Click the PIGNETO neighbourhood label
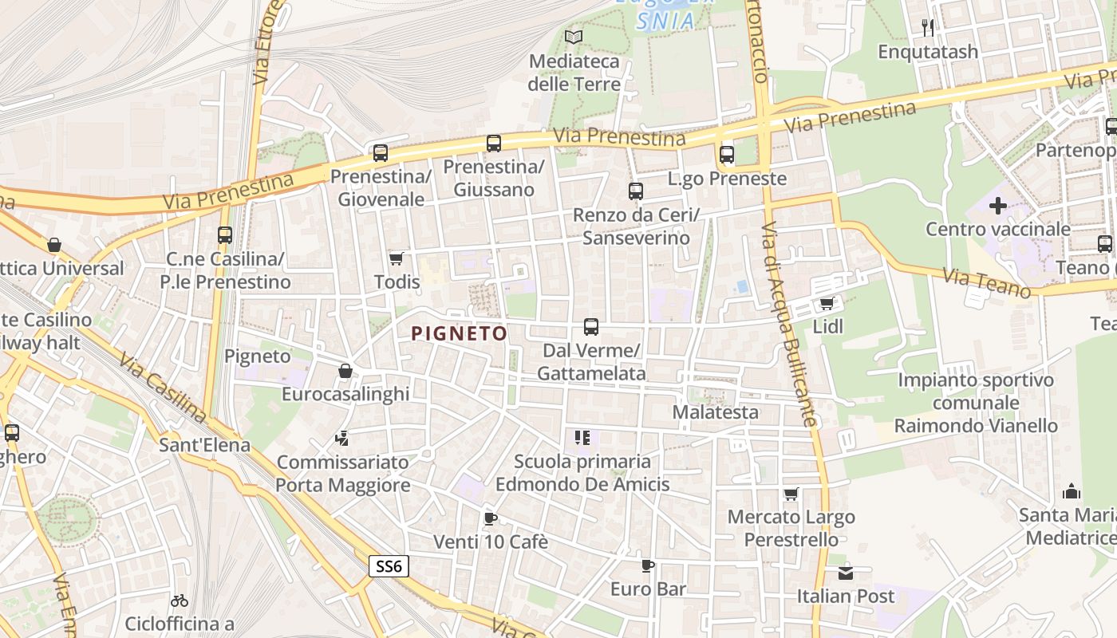459,333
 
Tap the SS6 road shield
390,567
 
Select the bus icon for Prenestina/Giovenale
381,152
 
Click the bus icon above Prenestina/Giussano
494,144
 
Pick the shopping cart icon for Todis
396,258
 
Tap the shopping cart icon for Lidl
827,303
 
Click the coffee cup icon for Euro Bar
648,566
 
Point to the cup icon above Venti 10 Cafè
491,519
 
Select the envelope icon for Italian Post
846,573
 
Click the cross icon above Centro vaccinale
997,206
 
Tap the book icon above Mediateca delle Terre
574,37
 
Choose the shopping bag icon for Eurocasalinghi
345,371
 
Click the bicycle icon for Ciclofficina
180,601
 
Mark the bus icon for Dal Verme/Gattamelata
591,326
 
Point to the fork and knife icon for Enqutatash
928,28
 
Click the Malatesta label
715,412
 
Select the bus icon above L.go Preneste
726,155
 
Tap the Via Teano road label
986,283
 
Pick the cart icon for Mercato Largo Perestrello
791,494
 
